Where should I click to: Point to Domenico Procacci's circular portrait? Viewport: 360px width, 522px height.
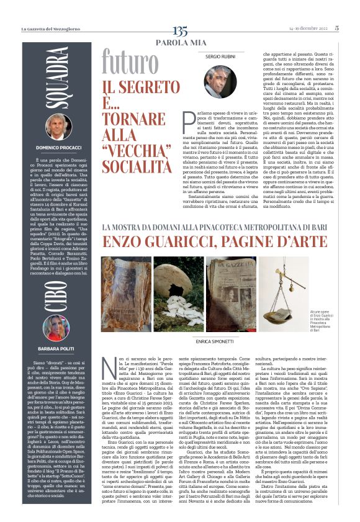(60, 128)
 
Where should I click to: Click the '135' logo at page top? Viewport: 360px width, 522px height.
(180, 30)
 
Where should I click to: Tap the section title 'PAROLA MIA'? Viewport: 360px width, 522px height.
(180, 42)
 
